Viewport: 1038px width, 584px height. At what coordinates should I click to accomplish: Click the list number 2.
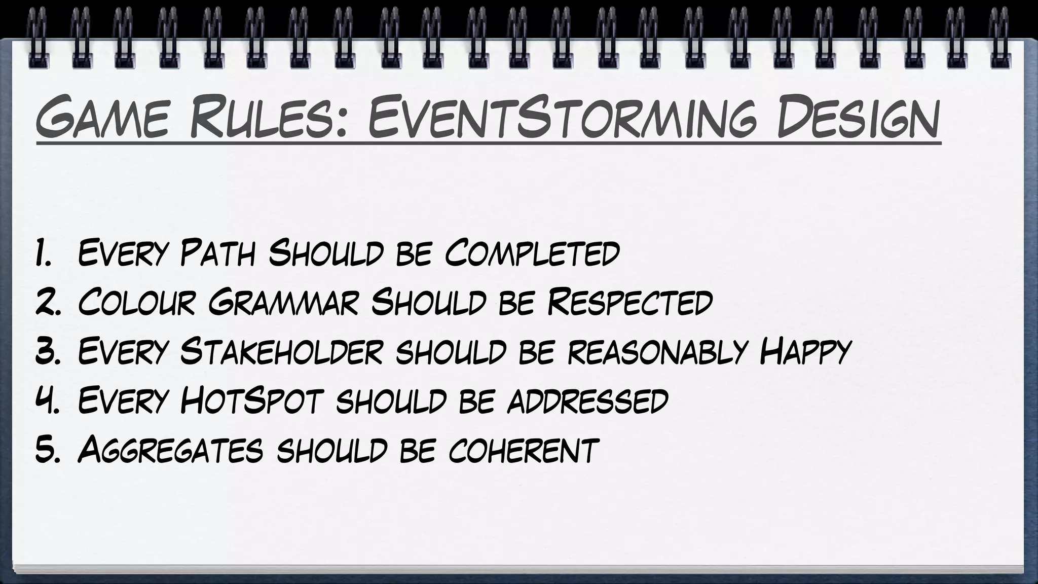coord(48,302)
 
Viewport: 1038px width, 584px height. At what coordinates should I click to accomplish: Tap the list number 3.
coord(48,351)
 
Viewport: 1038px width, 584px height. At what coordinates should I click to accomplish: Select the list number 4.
coord(48,400)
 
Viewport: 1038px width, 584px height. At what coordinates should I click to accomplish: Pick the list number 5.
coord(48,449)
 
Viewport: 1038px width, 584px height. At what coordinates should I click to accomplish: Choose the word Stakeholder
coord(281,351)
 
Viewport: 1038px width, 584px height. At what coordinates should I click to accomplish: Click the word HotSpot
coord(251,400)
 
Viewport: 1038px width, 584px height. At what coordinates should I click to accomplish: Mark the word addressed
coord(587,400)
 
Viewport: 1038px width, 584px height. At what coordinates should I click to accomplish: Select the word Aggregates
coord(170,449)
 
